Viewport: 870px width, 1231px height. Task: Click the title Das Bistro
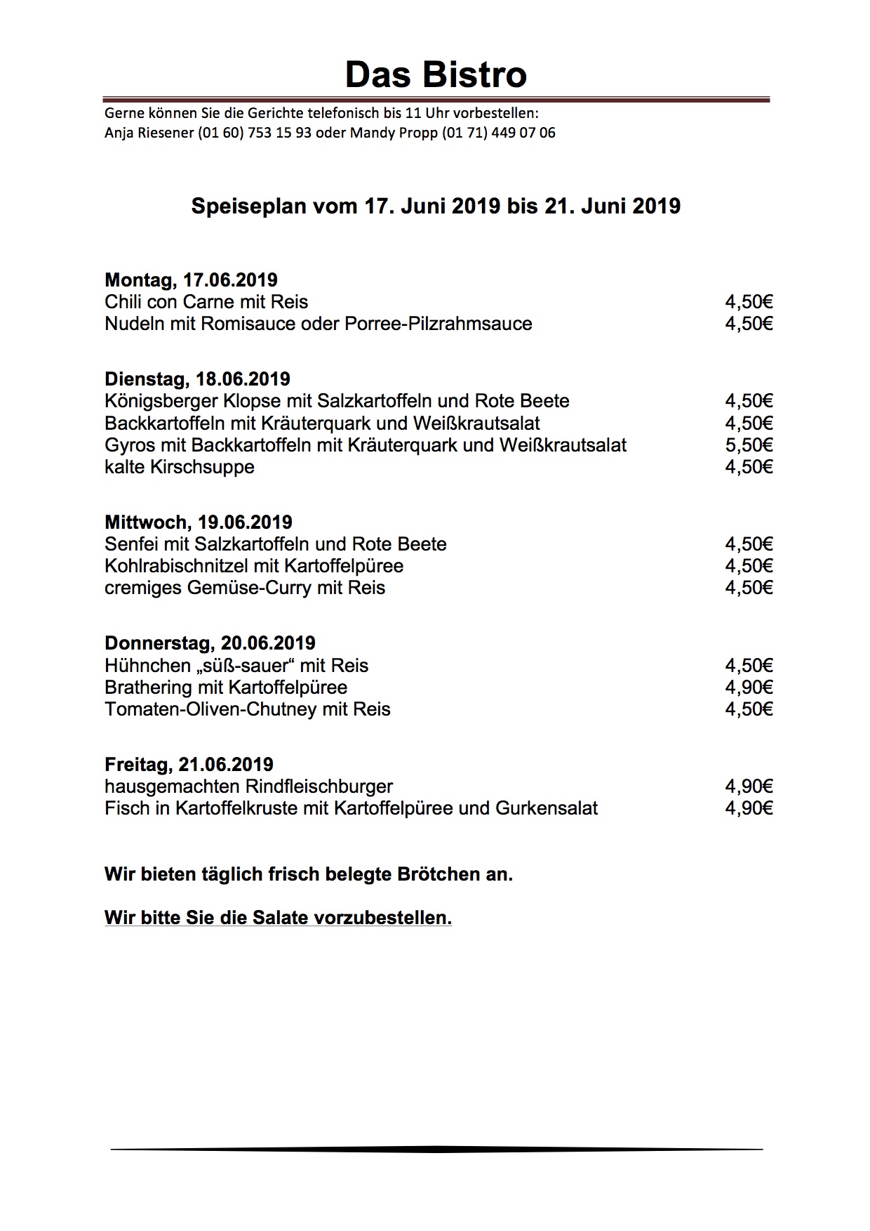pyautogui.click(x=436, y=74)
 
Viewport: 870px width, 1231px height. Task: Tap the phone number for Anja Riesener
pyautogui.click(x=254, y=133)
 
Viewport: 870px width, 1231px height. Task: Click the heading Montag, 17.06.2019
pyautogui.click(x=191, y=280)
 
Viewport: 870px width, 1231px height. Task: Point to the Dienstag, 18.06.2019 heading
pyautogui.click(x=197, y=379)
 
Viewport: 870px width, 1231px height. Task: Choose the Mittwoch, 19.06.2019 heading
pyautogui.click(x=198, y=522)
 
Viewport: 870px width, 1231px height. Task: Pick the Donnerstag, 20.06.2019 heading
pyautogui.click(x=210, y=643)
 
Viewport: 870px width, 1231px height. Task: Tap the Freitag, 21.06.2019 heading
pyautogui.click(x=189, y=765)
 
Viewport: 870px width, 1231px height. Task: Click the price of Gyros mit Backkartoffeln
pyautogui.click(x=749, y=445)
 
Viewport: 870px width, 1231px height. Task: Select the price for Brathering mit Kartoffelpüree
pyautogui.click(x=749, y=687)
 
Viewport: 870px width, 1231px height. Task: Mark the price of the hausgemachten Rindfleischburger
pyautogui.click(x=749, y=786)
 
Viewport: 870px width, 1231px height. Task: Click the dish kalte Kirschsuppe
pyautogui.click(x=180, y=467)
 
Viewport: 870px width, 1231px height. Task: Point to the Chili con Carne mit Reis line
pyautogui.click(x=206, y=302)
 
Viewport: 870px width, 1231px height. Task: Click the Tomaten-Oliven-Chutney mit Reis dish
pyautogui.click(x=248, y=709)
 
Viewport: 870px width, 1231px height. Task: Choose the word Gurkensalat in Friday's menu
pyautogui.click(x=547, y=808)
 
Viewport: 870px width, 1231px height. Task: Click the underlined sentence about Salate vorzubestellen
pyautogui.click(x=278, y=918)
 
